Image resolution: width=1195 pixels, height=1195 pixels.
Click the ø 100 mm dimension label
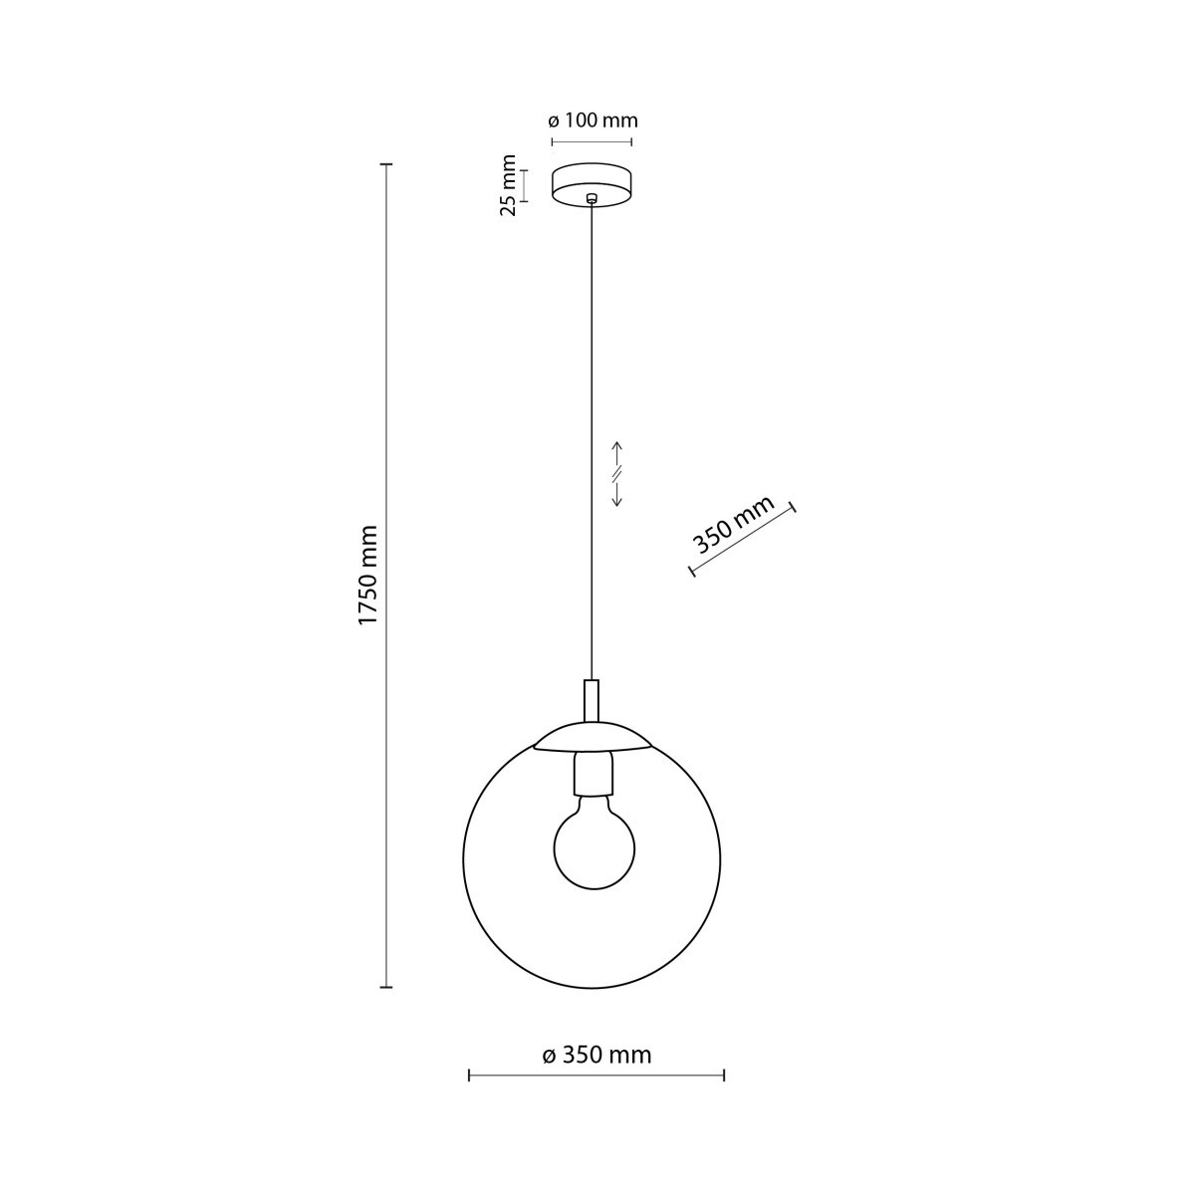pos(593,120)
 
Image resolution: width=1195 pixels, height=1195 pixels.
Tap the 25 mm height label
pos(509,184)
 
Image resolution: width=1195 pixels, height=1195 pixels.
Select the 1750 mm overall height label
pos(368,575)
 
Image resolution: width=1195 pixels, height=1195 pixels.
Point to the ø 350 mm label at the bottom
pos(597,1056)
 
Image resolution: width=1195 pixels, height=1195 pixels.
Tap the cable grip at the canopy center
pos(593,197)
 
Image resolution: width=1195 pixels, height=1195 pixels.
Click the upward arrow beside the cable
pos(617,449)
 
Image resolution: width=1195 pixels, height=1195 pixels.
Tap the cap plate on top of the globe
pos(593,736)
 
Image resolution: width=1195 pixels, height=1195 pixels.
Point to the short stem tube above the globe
pos(592,699)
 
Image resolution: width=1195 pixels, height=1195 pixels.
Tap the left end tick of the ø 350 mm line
pos(469,1075)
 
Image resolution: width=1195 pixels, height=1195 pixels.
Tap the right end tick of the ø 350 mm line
pos(724,1075)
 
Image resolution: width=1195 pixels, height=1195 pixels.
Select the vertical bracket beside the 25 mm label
pos(526,185)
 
